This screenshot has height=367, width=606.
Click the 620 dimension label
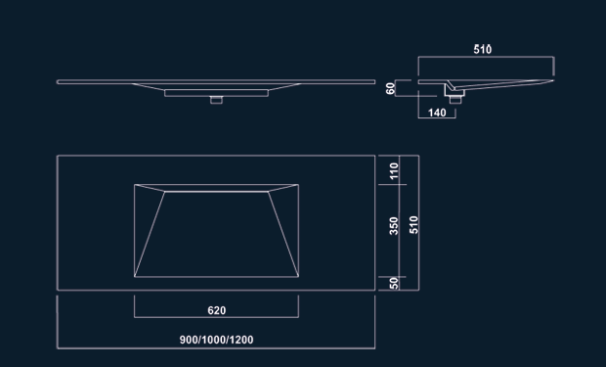point(216,310)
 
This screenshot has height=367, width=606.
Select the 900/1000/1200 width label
point(216,340)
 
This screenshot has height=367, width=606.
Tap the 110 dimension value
point(394,170)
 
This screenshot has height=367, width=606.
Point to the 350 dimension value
point(394,226)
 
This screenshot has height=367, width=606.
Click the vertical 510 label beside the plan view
point(413,225)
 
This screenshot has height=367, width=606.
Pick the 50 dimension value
point(394,284)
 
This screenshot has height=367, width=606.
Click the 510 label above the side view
point(483,50)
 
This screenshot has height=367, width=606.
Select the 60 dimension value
point(390,88)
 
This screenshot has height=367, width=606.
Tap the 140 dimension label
point(437,113)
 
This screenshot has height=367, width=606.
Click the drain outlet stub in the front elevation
point(216,100)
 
